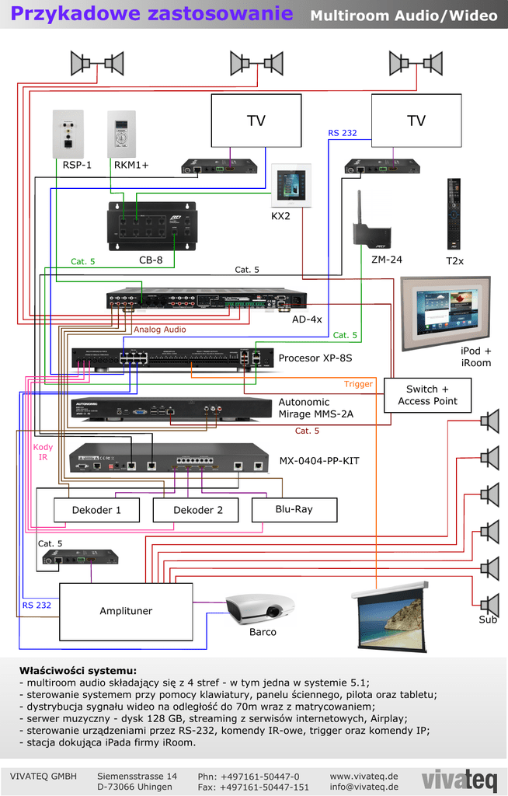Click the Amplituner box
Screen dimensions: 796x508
[126, 611]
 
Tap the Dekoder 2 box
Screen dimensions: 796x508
[197, 510]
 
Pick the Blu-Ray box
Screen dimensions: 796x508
[294, 509]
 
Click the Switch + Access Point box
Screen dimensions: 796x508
[427, 395]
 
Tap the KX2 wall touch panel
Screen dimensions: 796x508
[291, 185]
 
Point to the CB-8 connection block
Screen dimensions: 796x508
[151, 225]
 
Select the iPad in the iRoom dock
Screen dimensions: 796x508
[445, 309]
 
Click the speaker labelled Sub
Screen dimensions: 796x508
[489, 604]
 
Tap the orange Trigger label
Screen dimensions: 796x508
[358, 384]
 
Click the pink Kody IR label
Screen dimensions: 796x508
[43, 452]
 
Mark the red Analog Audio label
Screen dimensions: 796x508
[160, 330]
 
